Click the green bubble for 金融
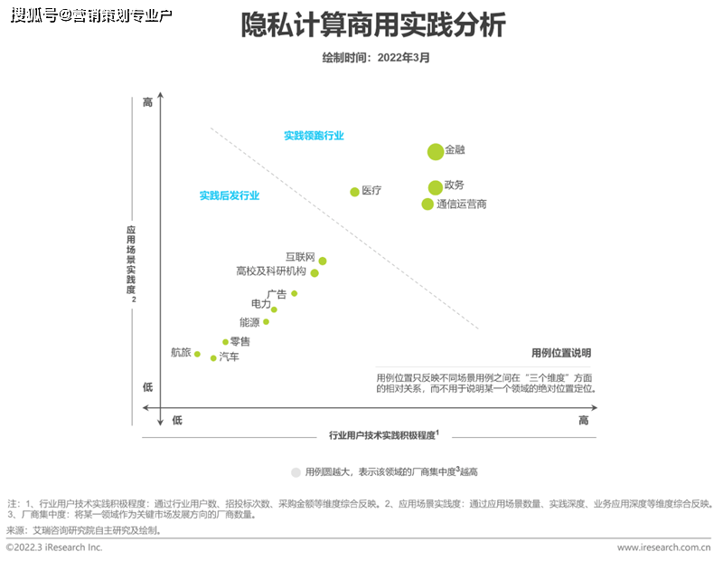pos(436,152)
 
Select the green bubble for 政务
pos(436,187)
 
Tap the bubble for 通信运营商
pos(428,204)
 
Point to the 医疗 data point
pos(355,192)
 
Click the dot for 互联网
pos(323,261)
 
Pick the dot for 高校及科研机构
pos(315,272)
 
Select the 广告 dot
pos(295,293)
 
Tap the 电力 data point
pos(274,309)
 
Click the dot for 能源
pos(266,322)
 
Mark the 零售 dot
pos(226,342)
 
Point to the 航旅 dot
pos(197,354)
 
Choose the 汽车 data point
pos(213,358)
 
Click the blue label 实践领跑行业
pos(314,136)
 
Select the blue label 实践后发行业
pos(230,195)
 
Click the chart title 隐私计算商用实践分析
pos(373,25)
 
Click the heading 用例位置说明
pos(561,353)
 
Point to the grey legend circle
pos(296,472)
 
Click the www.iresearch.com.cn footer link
pos(664,547)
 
